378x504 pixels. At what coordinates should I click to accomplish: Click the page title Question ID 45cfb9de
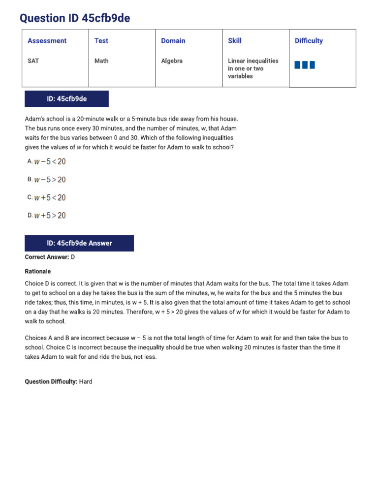[x=75, y=18]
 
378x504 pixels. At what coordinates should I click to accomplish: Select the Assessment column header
[x=47, y=41]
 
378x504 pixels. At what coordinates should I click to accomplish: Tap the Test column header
[x=101, y=41]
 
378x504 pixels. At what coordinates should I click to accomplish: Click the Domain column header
[x=174, y=41]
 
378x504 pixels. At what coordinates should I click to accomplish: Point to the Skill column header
[x=235, y=41]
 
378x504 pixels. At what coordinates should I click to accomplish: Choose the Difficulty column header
[x=309, y=41]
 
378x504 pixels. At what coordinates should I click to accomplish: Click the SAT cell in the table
[x=33, y=61]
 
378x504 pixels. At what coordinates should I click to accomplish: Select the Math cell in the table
[x=101, y=61]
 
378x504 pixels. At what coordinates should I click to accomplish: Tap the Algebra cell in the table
[x=172, y=61]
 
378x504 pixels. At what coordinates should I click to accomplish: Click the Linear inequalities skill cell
[x=252, y=68]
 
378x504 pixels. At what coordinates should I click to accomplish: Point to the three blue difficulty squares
[x=305, y=65]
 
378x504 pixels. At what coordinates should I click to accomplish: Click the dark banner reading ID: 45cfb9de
[x=66, y=99]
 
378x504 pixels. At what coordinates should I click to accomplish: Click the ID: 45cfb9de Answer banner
[x=79, y=243]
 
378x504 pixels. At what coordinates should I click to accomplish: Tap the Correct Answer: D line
[x=50, y=257]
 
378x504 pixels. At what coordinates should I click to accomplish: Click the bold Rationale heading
[x=37, y=271]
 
